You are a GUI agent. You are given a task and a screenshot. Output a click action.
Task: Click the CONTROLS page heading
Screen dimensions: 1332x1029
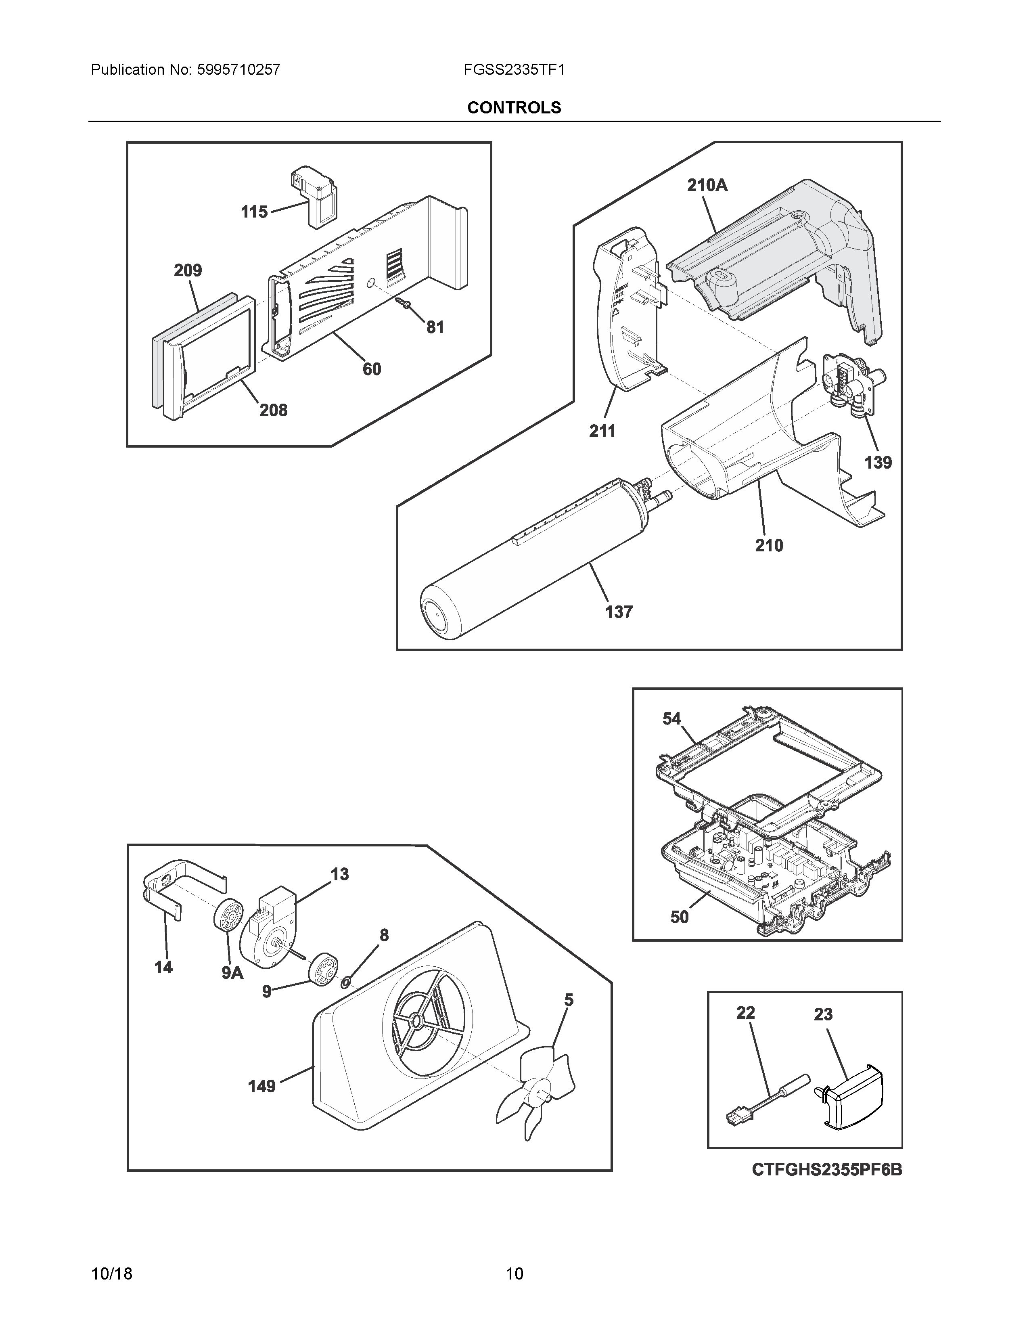click(x=514, y=107)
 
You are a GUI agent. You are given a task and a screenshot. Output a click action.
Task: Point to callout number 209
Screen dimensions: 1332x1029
click(x=188, y=270)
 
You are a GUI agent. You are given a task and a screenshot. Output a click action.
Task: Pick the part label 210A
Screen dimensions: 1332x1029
click(x=707, y=185)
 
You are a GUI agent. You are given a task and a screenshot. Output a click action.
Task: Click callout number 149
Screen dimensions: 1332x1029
click(x=261, y=1086)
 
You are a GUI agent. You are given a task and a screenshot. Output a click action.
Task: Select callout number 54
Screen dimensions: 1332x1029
click(x=672, y=719)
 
